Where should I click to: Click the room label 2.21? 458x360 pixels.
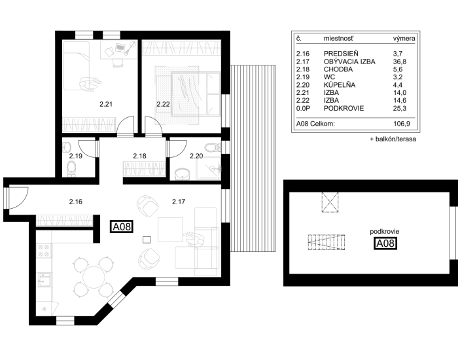(x=106, y=104)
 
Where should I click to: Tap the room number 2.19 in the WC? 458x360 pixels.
(x=76, y=156)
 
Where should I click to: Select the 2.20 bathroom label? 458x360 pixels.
(x=196, y=156)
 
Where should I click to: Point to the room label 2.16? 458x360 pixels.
(x=76, y=202)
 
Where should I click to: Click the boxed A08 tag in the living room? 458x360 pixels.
(x=122, y=226)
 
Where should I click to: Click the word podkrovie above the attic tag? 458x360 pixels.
(x=385, y=232)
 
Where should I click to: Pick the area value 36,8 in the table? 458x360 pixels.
(x=400, y=62)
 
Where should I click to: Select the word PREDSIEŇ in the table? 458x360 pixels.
(x=341, y=54)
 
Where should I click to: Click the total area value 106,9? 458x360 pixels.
(x=402, y=124)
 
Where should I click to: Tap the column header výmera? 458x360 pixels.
(x=404, y=38)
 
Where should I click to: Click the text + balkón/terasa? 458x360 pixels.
(x=393, y=139)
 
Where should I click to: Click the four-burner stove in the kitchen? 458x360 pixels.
(x=44, y=251)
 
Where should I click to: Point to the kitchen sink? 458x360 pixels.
(x=44, y=279)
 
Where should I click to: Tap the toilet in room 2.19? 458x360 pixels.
(x=71, y=169)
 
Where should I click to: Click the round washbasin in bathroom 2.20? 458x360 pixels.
(x=183, y=175)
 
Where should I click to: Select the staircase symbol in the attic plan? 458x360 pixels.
(x=326, y=243)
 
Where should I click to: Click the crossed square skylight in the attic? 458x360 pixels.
(x=330, y=202)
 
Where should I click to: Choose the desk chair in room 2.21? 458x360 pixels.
(x=117, y=63)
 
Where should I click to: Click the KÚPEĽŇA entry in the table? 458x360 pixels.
(x=340, y=85)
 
